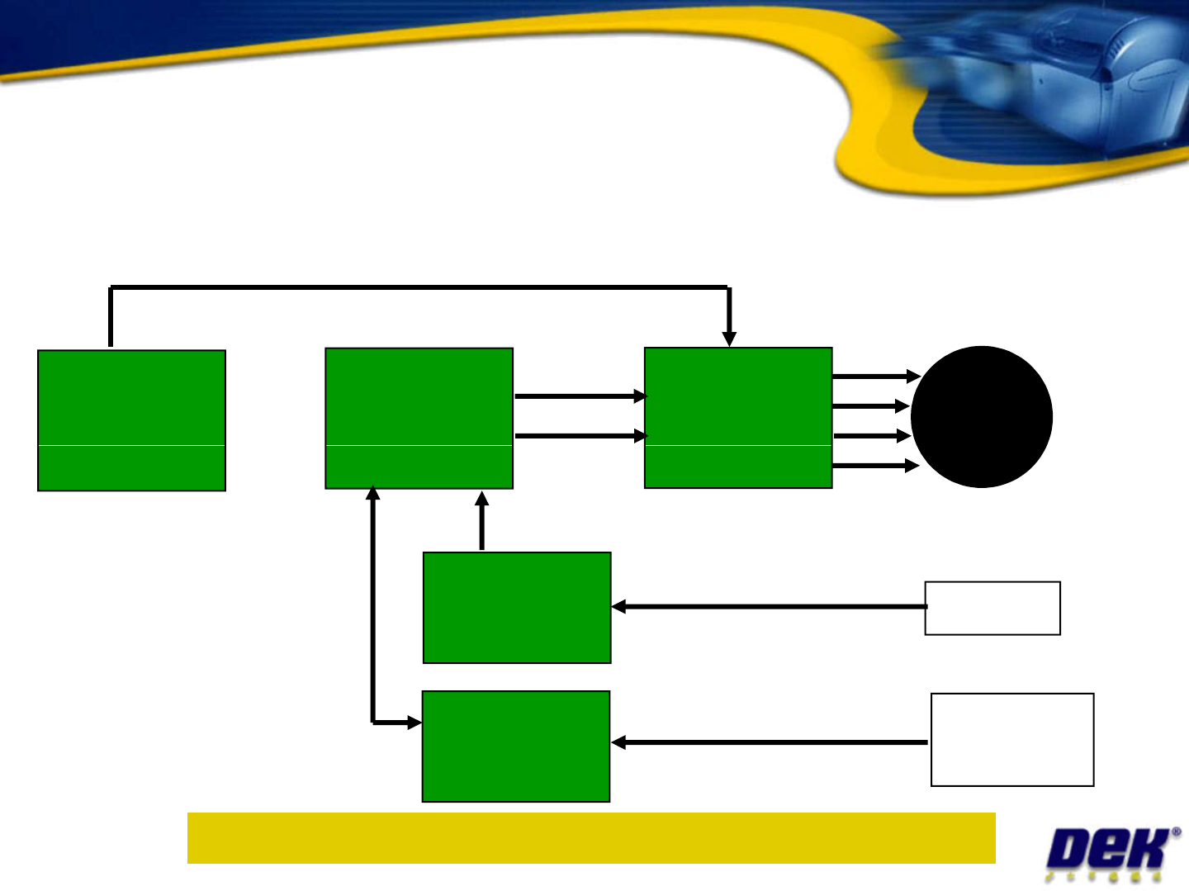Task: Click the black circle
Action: pos(981,417)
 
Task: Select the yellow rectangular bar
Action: pos(591,838)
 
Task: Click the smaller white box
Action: pos(992,609)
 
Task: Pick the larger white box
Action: pos(1012,740)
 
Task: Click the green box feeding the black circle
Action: pos(738,418)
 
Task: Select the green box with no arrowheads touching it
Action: pos(131,420)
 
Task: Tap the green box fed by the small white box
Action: pos(517,608)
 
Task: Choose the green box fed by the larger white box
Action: pos(516,746)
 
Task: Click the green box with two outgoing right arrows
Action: pos(419,418)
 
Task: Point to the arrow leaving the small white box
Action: pos(768,607)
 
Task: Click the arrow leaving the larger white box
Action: pos(768,742)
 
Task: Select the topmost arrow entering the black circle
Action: pos(875,377)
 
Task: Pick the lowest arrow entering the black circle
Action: pos(875,467)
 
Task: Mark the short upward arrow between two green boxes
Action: pos(482,520)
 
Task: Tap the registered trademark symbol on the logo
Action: pos(1175,832)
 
